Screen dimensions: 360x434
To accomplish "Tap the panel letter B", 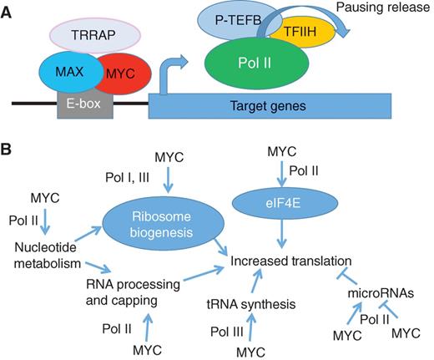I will click(x=8, y=153).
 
